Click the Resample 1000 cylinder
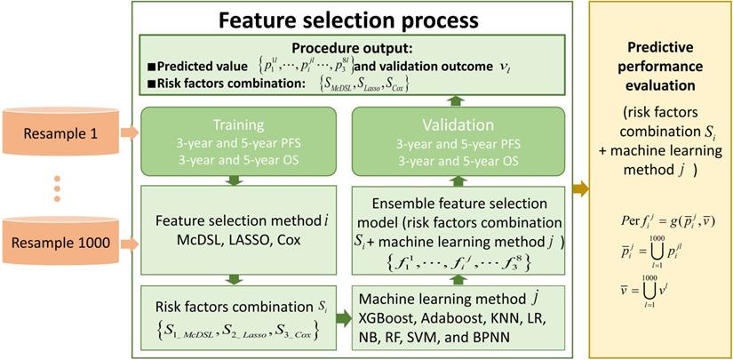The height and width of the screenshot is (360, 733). click(55, 239)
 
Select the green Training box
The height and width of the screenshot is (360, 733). click(234, 141)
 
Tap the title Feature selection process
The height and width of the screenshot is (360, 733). click(349, 18)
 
